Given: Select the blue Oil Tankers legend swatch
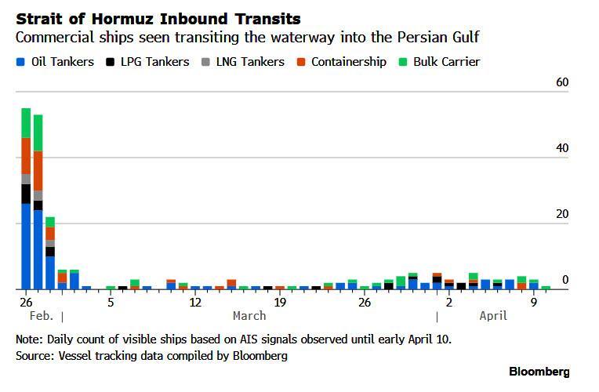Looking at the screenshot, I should (20, 62).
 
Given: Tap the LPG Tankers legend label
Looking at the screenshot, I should (154, 62).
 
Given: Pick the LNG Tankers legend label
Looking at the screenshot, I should (249, 62).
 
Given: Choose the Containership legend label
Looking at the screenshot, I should (348, 62).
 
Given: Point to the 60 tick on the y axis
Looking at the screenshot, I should (561, 83).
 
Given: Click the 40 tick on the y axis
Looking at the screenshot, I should (561, 148).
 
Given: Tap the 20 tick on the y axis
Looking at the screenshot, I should (561, 214).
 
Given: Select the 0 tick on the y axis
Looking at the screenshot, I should (565, 280).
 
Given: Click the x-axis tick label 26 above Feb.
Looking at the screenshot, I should (26, 302).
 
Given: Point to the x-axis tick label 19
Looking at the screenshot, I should (279, 302).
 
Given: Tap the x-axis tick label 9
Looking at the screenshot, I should (533, 302).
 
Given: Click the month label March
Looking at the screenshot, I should (249, 316).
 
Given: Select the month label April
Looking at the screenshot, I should (492, 316).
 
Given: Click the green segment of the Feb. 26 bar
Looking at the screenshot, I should (26, 123).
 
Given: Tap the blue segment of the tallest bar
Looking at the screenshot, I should (26, 246).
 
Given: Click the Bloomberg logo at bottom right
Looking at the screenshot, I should (539, 372).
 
